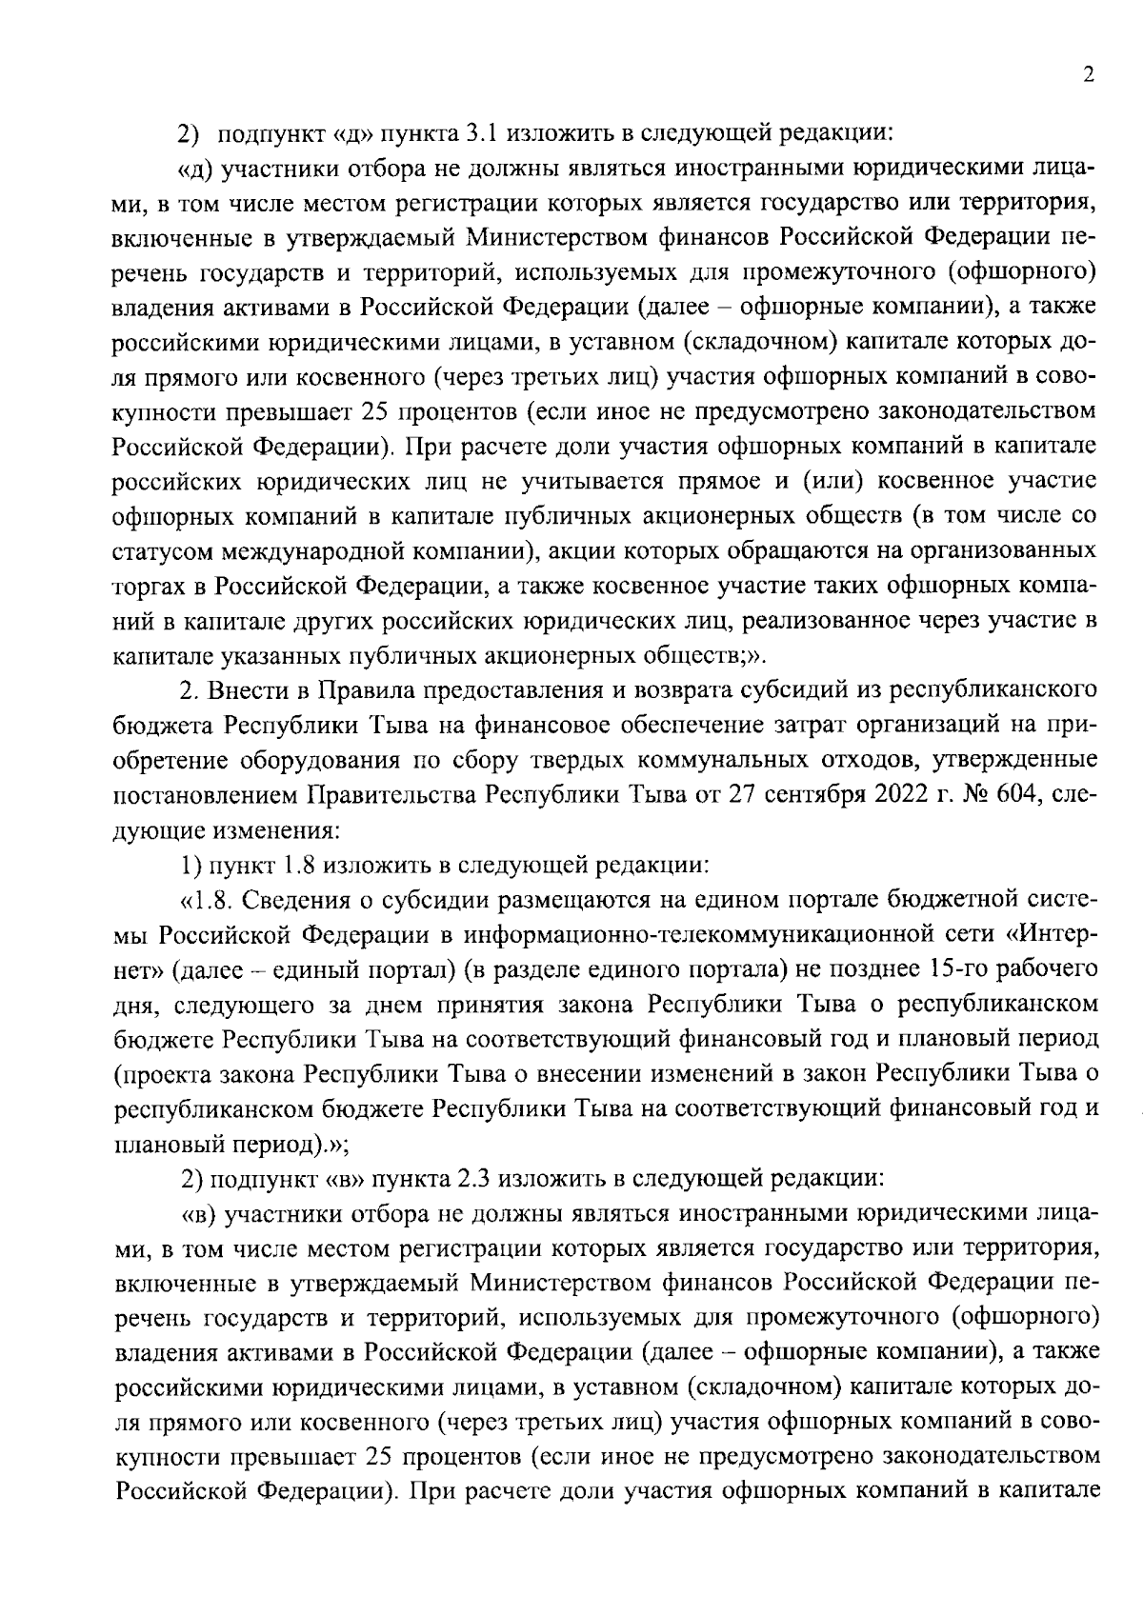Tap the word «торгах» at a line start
click(146, 586)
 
